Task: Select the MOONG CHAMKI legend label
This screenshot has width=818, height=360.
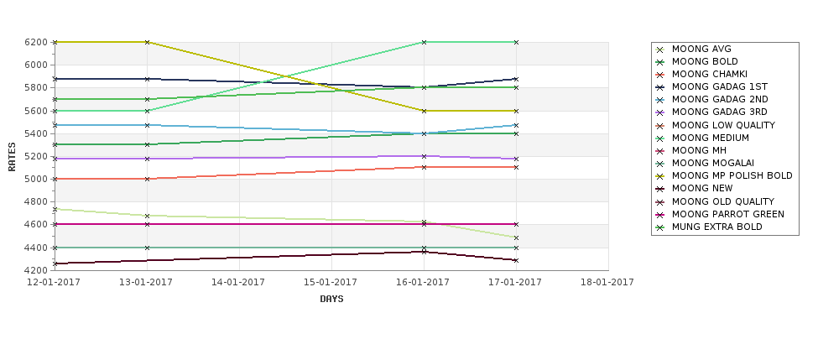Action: (709, 74)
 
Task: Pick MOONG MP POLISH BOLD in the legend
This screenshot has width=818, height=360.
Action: (732, 176)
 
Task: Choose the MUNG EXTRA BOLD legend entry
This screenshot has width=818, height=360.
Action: (716, 227)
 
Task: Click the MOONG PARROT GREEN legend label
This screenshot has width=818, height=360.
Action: (727, 214)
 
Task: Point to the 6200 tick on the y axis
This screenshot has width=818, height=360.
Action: (37, 42)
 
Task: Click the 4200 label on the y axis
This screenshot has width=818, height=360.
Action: (37, 270)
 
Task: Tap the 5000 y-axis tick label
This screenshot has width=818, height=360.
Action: (37, 179)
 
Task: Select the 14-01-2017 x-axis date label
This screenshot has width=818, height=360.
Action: (239, 282)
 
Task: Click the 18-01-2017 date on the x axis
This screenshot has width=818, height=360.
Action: (607, 282)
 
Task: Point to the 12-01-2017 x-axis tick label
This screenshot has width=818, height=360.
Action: (55, 282)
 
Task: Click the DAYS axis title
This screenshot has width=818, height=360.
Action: (331, 299)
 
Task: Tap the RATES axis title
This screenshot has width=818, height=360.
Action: (12, 156)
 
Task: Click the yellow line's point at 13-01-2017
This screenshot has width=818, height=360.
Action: (147, 42)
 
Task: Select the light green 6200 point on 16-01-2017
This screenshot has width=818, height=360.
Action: (424, 42)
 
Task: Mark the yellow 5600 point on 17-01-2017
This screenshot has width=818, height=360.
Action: (516, 111)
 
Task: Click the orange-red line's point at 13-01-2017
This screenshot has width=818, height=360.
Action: (147, 179)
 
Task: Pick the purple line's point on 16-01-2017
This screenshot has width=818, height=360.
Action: (424, 156)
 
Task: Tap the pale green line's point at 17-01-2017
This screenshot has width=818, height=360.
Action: (516, 237)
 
